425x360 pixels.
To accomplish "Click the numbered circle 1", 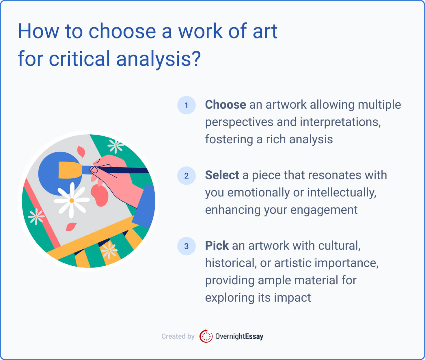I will (186, 105).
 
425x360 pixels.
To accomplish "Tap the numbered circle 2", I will (186, 176).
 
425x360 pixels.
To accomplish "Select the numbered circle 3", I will (186, 246).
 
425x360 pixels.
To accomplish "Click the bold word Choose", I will (225, 105).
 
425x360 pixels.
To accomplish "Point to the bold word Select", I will (222, 175).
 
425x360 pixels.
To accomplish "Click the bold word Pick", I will (217, 246).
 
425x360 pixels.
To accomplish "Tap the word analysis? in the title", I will (158, 59).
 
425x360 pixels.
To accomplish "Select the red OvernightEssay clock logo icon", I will (206, 336).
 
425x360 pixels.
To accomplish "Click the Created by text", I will (178, 336).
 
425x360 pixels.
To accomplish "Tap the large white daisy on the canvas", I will (72, 200).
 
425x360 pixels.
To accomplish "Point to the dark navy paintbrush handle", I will (127, 170).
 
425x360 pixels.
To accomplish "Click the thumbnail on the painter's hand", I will (94, 170).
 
